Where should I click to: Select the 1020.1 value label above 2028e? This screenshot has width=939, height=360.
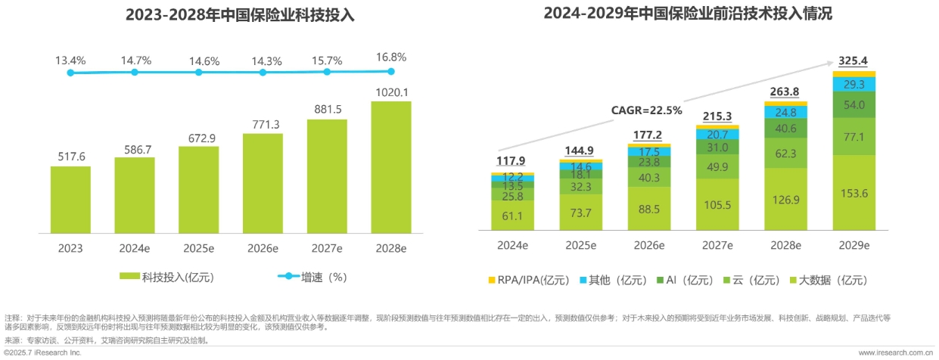390,92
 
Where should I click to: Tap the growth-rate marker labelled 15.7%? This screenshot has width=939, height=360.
327,73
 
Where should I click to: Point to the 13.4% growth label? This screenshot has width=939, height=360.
70,59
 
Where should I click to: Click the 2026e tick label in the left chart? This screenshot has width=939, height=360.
263,248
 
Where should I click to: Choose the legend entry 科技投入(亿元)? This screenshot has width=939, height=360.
168,278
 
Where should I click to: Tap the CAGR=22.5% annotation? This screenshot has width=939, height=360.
646,110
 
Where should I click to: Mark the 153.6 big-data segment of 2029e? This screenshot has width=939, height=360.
853,193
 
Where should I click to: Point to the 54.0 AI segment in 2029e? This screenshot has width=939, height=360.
853,104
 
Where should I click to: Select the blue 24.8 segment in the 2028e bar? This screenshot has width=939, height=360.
785,113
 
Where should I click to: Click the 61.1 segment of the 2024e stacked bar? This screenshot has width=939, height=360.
512,216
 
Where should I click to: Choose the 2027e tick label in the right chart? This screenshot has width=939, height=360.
717,245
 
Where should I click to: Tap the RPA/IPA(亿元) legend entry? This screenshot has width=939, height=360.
533,280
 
